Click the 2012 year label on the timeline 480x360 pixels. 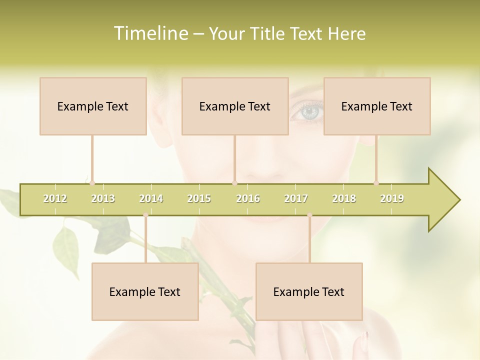[x=55, y=199]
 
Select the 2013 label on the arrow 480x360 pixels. [x=103, y=199]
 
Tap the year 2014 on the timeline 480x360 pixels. [x=151, y=199]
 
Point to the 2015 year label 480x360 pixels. [x=199, y=199]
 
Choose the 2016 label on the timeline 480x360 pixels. [x=248, y=199]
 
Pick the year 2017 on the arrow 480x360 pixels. [x=296, y=199]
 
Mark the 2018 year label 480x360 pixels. [x=344, y=199]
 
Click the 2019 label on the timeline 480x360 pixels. [x=392, y=199]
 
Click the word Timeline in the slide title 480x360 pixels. [x=149, y=33]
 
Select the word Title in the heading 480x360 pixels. [x=268, y=33]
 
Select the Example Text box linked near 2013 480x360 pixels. [x=93, y=106]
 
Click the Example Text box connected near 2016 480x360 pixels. [x=235, y=106]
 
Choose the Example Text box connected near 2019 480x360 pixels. [x=377, y=106]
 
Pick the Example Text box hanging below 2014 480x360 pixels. [x=145, y=292]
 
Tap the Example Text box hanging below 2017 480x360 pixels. [x=309, y=292]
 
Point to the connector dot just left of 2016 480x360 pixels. [x=234, y=183]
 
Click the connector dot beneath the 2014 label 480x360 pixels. [x=145, y=215]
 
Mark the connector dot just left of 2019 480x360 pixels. [x=376, y=183]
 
